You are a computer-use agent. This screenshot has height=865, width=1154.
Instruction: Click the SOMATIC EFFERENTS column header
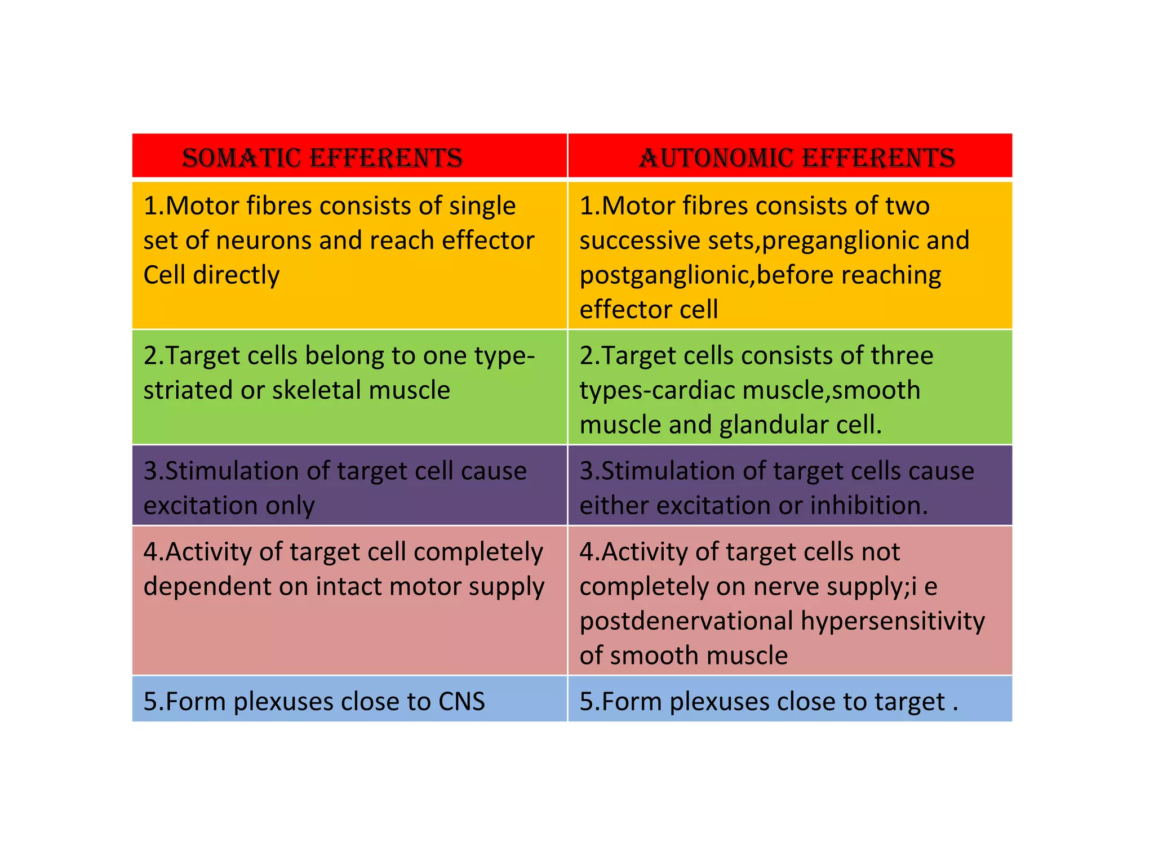tap(322, 158)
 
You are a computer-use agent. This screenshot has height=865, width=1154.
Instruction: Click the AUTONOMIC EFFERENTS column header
tap(797, 158)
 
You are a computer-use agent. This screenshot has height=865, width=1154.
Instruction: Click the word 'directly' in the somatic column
tap(236, 275)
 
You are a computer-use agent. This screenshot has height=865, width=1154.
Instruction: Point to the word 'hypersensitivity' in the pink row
tap(893, 621)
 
